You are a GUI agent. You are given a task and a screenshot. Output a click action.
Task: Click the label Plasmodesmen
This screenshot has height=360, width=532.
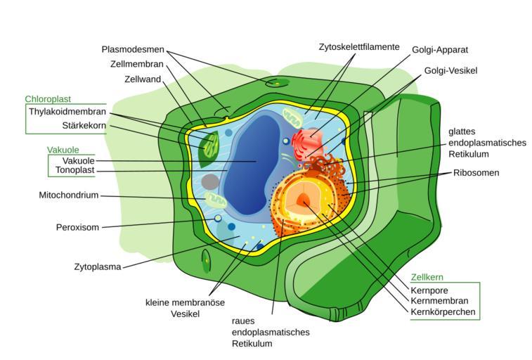pos(133,49)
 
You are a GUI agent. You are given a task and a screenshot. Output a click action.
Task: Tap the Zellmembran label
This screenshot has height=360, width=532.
pos(137,64)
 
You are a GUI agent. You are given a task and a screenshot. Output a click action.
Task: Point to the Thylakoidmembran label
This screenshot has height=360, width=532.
pos(67,112)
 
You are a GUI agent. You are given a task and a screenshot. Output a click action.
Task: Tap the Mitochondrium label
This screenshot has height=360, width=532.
pos(69,195)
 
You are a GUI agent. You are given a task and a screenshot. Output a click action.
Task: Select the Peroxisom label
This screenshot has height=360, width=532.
pos(77,227)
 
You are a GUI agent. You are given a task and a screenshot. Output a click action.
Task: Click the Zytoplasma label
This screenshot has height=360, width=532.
pos(98,266)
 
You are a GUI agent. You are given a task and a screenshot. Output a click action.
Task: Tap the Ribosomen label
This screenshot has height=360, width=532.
pos(476,172)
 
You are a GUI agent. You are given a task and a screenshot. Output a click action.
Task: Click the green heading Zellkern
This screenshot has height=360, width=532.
pos(427,278)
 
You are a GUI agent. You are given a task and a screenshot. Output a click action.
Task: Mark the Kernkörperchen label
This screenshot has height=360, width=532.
pos(443,311)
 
